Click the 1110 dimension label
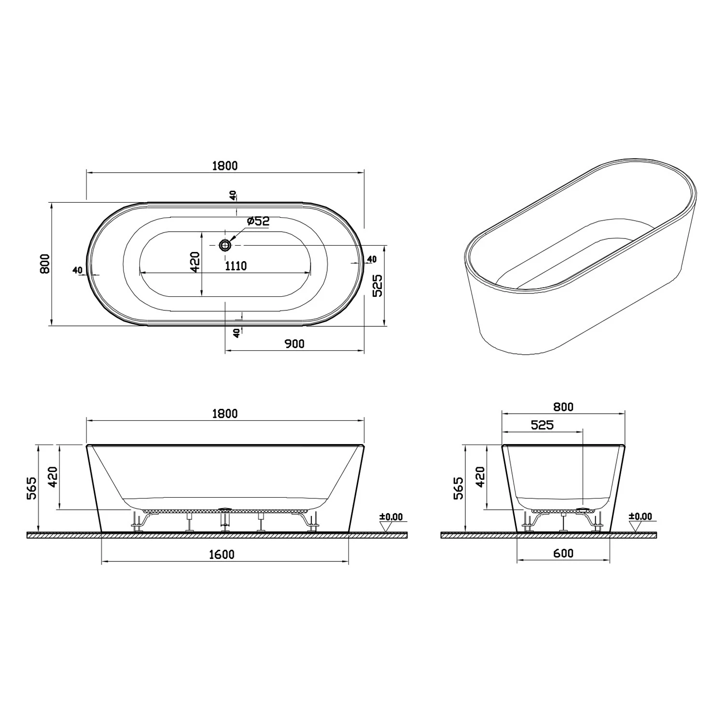click(236, 266)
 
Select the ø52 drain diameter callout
click(258, 221)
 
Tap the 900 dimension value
click(294, 344)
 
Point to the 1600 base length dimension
click(222, 555)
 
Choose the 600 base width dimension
click(563, 553)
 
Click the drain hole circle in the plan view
click(225, 245)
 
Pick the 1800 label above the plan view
click(225, 166)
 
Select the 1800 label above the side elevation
click(225, 414)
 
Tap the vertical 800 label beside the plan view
click(45, 264)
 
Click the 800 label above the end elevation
click(563, 407)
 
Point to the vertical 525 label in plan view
click(377, 285)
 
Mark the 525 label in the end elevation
click(542, 425)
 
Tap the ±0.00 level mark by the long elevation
click(390, 517)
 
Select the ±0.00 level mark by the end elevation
click(640, 517)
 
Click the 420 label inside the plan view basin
click(195, 262)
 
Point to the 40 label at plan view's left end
click(77, 270)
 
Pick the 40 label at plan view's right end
click(371, 259)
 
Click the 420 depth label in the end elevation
click(480, 477)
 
